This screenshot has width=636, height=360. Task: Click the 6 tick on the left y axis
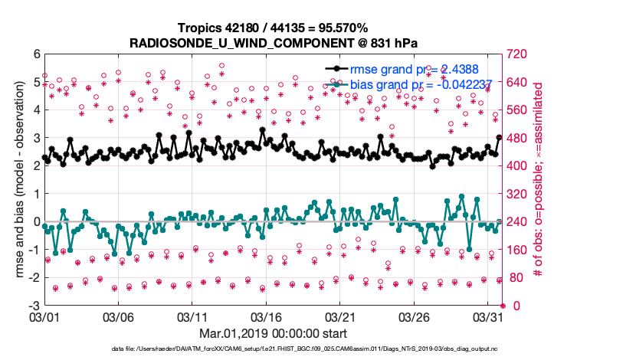click(x=35, y=54)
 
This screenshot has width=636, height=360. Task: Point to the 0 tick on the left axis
click(x=35, y=222)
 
